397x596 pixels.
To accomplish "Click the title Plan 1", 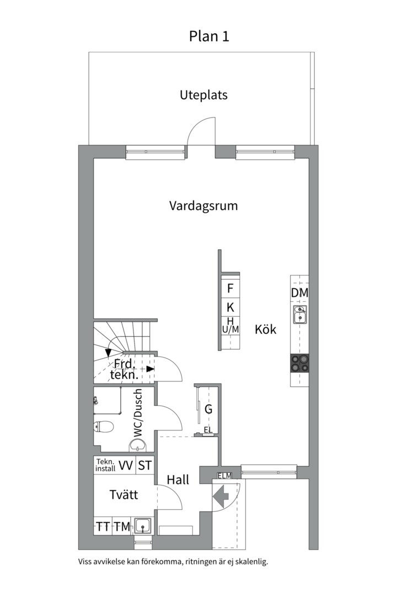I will pyautogui.click(x=209, y=36).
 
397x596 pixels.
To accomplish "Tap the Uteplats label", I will pyautogui.click(x=203, y=95).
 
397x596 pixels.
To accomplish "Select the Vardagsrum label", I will pyautogui.click(x=203, y=206).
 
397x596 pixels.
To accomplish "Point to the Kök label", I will pyautogui.click(x=265, y=330).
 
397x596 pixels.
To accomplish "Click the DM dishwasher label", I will pyautogui.click(x=299, y=293).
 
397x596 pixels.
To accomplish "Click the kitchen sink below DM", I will pyautogui.click(x=300, y=315).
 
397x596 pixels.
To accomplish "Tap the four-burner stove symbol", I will pyautogui.click(x=300, y=363).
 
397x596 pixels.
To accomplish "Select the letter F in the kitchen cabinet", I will pyautogui.click(x=230, y=288).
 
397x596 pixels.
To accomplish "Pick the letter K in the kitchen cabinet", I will pyautogui.click(x=230, y=307).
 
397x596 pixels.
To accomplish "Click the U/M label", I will pyautogui.click(x=230, y=329).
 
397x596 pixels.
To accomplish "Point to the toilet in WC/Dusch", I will pyautogui.click(x=103, y=425).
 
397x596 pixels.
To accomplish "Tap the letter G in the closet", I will pyautogui.click(x=208, y=409).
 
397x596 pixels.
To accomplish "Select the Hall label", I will pyautogui.click(x=178, y=480).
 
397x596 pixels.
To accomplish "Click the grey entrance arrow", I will pyautogui.click(x=221, y=496).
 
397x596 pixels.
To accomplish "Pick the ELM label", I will pyautogui.click(x=225, y=476).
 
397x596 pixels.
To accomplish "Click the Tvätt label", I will pyautogui.click(x=123, y=495).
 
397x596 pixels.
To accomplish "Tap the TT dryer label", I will pyautogui.click(x=103, y=527).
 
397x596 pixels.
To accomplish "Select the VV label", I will pyautogui.click(x=126, y=466).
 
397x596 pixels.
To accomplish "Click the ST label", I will pyautogui.click(x=144, y=466).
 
